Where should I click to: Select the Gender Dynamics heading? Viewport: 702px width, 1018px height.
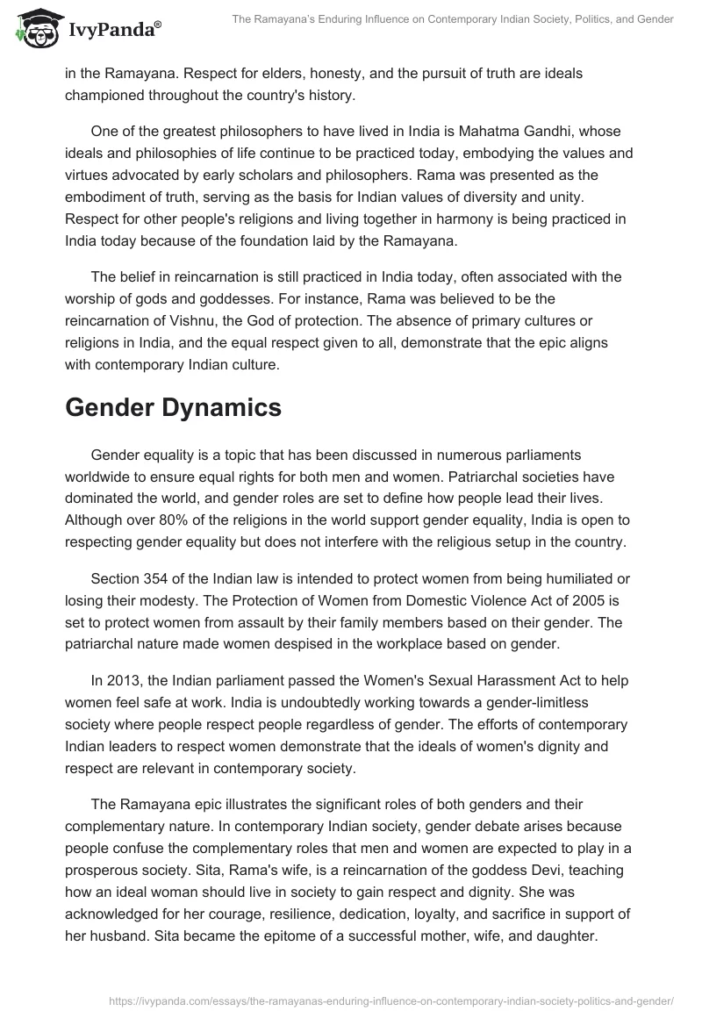point(173,407)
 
